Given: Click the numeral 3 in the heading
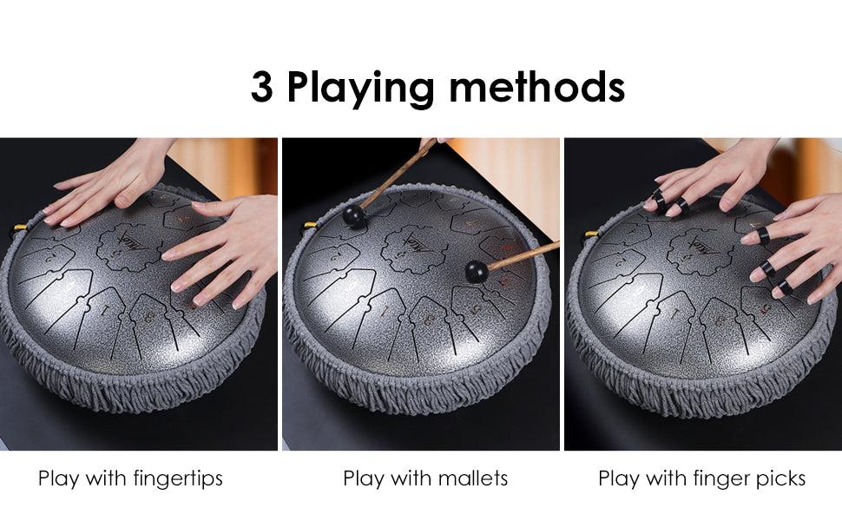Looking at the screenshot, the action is pyautogui.click(x=261, y=87).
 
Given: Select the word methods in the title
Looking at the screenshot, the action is pyautogui.click(x=536, y=87).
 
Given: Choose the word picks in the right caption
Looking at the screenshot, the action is pyautogui.click(x=780, y=478).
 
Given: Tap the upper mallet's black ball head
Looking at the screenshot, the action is pyautogui.click(x=354, y=216).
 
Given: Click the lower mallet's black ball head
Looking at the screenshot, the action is pyautogui.click(x=477, y=271).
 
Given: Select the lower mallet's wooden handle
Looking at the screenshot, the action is pyautogui.click(x=523, y=255).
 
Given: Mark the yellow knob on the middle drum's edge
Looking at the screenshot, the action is pyautogui.click(x=310, y=227).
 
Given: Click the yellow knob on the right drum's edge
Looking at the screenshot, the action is pyautogui.click(x=590, y=235).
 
